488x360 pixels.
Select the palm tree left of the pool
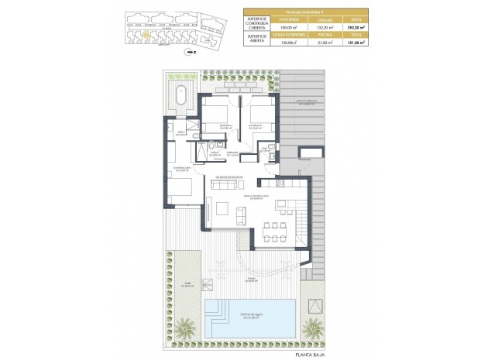pos(185,328)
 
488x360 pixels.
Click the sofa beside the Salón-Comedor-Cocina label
pos(226,183)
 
